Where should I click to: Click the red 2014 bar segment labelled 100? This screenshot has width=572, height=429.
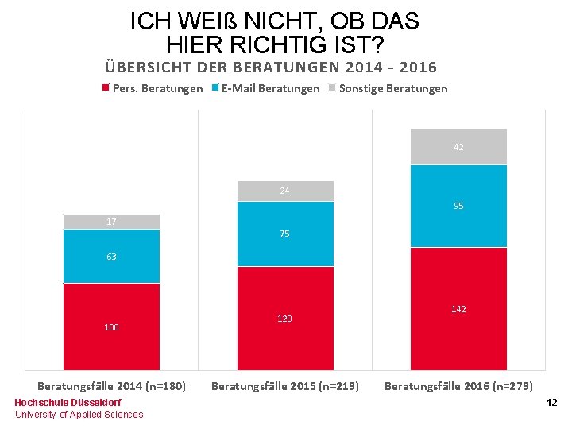(111, 327)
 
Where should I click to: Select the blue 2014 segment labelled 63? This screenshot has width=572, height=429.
(111, 256)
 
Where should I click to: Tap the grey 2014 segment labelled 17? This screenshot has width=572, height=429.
(111, 222)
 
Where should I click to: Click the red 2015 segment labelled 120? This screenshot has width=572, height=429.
(284, 318)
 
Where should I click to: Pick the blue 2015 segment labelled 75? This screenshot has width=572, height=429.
(284, 234)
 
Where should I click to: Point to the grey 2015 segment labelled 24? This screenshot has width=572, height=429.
(284, 191)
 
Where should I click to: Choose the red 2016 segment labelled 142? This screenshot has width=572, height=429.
(458, 308)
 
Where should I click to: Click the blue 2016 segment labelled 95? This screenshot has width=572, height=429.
(458, 206)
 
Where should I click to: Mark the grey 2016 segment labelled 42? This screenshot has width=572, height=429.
(458, 147)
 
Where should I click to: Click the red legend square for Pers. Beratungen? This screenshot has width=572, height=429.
(106, 88)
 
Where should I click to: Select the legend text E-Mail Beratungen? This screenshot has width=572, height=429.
(270, 88)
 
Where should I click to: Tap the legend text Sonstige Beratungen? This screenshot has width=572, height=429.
(392, 88)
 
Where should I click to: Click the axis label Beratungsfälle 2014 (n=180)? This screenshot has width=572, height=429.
(111, 386)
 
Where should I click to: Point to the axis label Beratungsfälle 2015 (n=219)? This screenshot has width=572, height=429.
(284, 386)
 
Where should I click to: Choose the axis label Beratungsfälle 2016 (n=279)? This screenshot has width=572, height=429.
(458, 386)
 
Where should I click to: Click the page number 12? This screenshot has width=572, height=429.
(551, 404)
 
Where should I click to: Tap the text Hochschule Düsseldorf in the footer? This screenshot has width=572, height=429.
(68, 403)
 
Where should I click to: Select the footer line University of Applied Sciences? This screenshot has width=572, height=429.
(79, 415)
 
